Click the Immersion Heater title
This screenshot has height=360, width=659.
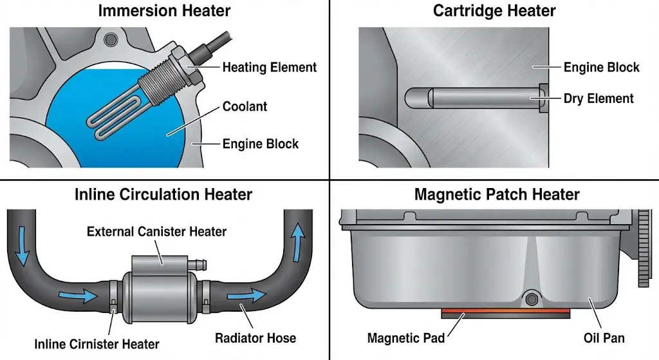pyautogui.click(x=164, y=10)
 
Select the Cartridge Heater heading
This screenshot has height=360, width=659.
pyautogui.click(x=494, y=10)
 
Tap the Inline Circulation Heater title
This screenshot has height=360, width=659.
pyautogui.click(x=163, y=194)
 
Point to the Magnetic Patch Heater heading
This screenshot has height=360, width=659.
pyautogui.click(x=497, y=194)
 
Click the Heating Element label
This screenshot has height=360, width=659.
pyautogui.click(x=269, y=67)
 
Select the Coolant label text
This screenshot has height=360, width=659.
pyautogui.click(x=245, y=106)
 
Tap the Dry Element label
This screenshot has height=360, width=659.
pyautogui.click(x=599, y=99)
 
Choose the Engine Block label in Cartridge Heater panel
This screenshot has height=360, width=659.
pyautogui.click(x=601, y=67)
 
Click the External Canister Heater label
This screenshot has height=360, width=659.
pyautogui.click(x=156, y=231)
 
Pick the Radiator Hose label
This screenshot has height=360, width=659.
pyautogui.click(x=255, y=337)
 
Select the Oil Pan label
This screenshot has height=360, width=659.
pyautogui.click(x=604, y=337)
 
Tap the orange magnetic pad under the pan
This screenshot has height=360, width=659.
pyautogui.click(x=505, y=314)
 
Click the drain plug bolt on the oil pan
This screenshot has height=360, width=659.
pyautogui.click(x=531, y=298)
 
